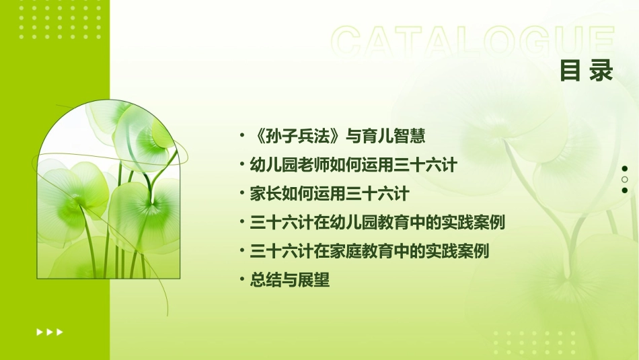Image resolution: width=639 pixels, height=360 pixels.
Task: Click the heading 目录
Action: coord(587,71)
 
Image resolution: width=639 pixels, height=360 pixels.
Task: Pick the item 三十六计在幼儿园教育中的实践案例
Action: coord(377,223)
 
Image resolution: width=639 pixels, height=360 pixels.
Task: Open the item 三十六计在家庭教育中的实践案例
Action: coord(369,252)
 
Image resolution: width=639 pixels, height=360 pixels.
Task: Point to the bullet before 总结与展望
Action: coord(242,281)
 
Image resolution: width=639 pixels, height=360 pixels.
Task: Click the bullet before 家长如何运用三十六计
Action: coord(242,194)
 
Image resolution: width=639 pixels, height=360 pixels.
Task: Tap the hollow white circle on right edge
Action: coord(625,180)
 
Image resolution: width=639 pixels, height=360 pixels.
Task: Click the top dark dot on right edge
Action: coord(625,169)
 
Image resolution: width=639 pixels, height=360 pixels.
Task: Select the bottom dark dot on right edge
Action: coord(625,190)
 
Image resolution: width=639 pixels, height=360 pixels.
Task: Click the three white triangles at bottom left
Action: coord(50,332)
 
